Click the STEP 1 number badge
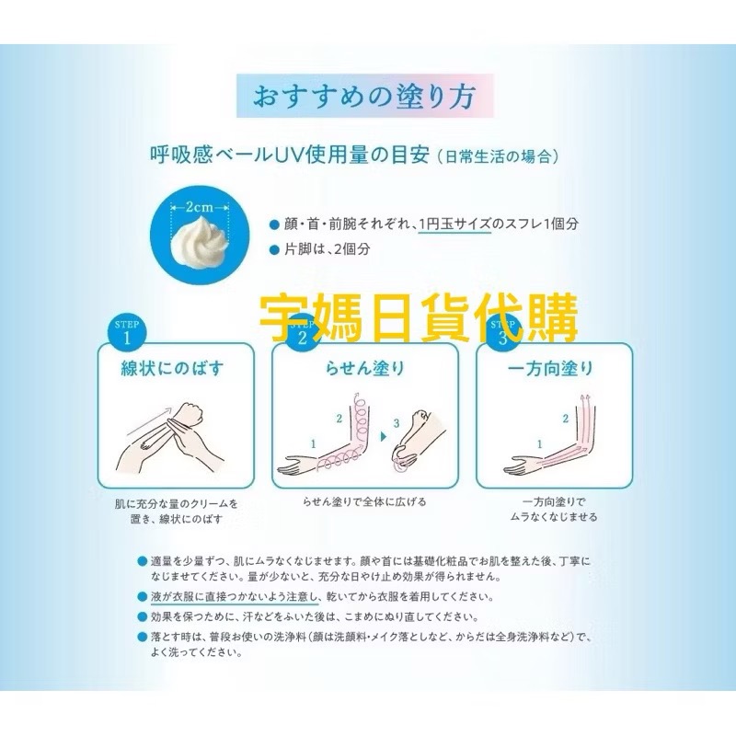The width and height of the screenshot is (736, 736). [126, 335]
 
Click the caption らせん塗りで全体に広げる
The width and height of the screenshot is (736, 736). [365, 502]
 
